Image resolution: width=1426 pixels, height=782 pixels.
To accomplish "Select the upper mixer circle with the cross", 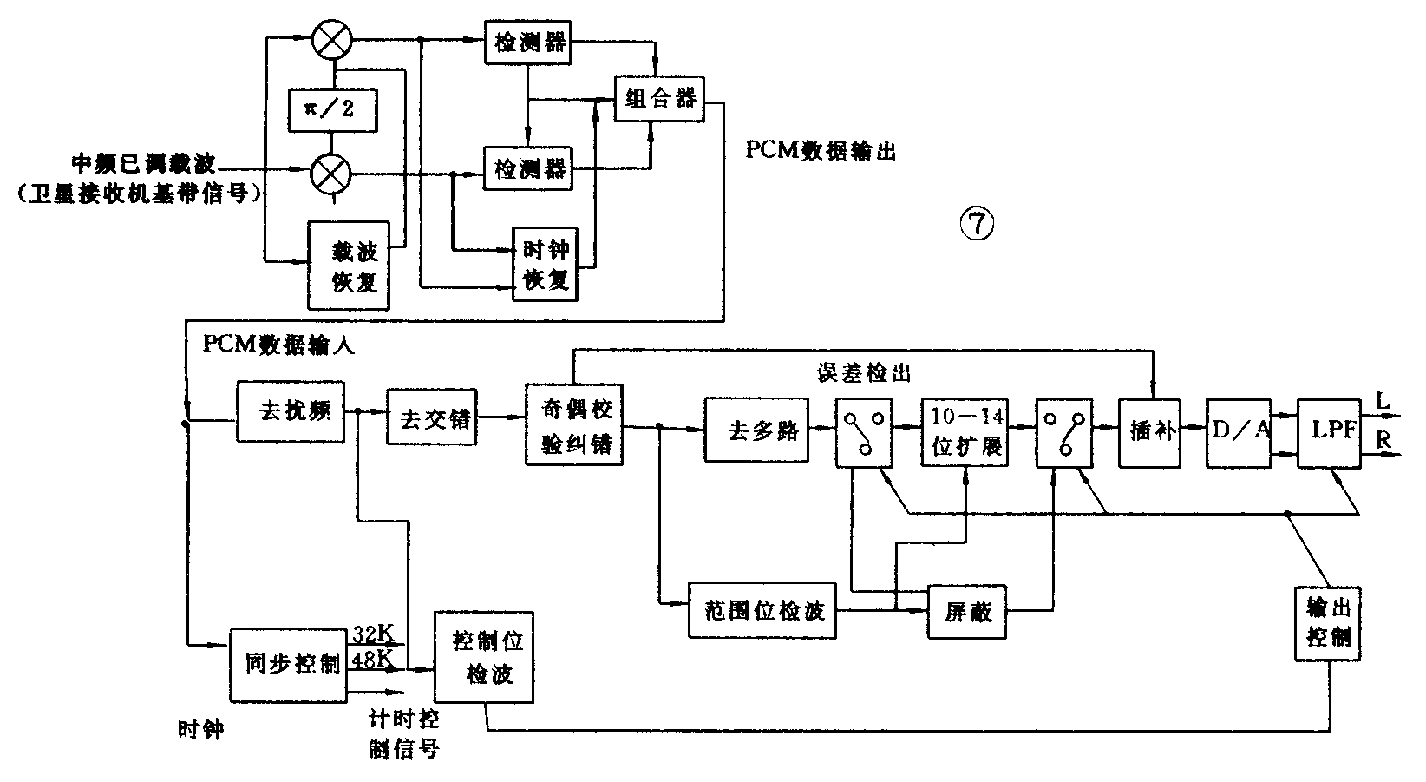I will tap(331, 40).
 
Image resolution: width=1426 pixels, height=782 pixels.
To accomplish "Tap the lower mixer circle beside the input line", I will tap(331, 172).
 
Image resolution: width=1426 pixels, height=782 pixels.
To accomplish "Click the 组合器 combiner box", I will tap(659, 97).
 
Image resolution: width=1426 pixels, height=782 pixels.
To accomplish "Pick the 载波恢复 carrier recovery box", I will tap(349, 266).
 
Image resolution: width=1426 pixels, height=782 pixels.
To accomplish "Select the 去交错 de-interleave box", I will tap(432, 417).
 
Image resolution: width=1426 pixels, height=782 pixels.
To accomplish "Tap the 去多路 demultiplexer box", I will tap(756, 429).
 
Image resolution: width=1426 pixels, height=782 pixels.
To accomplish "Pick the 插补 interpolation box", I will tap(1151, 430).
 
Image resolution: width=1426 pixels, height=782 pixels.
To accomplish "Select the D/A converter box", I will tap(1239, 430).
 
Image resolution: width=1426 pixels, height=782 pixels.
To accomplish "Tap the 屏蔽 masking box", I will tap(967, 612).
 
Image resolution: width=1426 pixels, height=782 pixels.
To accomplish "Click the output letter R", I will tap(1383, 441).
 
